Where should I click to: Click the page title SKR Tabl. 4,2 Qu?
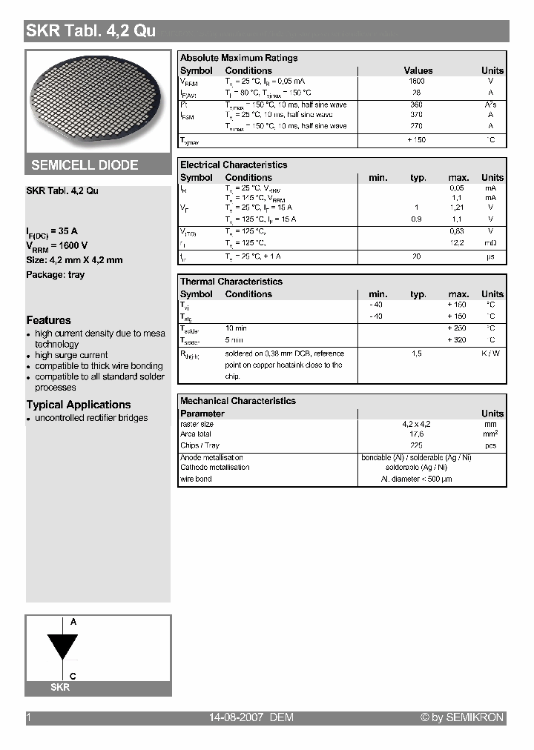90,31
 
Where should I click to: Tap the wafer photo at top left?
97,102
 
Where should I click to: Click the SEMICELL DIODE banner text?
85,165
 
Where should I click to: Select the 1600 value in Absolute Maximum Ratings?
417,82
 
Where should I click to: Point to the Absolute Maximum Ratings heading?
239,58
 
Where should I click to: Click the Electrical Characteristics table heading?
234,165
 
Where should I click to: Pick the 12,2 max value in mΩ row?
458,243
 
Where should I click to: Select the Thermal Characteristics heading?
231,282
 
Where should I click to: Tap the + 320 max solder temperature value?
458,340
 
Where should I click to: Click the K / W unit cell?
490,354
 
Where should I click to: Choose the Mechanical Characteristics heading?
238,401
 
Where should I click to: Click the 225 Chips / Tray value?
417,446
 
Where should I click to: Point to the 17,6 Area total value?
417,434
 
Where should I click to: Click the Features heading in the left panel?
49,320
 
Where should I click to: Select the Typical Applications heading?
79,405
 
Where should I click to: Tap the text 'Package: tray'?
56,275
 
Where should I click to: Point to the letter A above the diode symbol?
73,623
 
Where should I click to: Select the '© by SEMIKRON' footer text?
462,717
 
